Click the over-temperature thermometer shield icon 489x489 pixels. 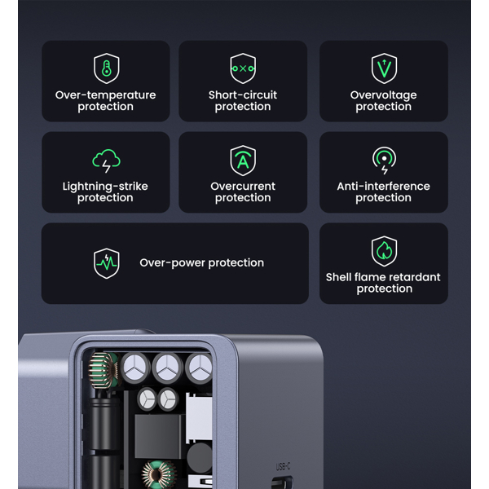[106, 68]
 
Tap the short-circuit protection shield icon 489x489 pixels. [243, 68]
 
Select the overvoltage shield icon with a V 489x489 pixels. [384, 68]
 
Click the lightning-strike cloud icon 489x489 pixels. [106, 160]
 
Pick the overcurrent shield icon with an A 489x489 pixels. [243, 160]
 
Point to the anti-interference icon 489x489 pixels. [384, 160]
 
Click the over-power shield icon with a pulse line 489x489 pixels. [107, 263]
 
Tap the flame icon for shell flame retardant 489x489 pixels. [384, 251]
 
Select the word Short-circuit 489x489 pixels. [243, 95]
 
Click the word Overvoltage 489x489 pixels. [384, 95]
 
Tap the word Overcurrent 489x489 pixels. [243, 187]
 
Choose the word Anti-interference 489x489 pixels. [384, 187]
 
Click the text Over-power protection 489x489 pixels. [201, 263]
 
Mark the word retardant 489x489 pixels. [414, 277]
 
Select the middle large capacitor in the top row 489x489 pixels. [167, 367]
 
